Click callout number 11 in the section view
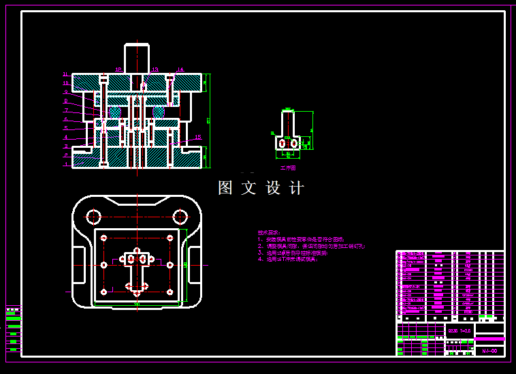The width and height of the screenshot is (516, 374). tap(65, 74)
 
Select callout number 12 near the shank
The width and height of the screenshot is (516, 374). tap(118, 69)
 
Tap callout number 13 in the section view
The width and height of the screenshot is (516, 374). tap(155, 69)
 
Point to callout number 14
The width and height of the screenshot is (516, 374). tap(180, 69)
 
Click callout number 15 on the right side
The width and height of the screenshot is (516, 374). tap(198, 137)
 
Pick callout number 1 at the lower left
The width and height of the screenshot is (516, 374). tap(66, 163)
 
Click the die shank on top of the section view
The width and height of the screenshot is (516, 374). tap(136, 58)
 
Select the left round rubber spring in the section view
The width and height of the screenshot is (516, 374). tap(115, 112)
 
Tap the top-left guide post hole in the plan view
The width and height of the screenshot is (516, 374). tap(93, 217)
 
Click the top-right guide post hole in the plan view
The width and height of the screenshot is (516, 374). tap(180, 217)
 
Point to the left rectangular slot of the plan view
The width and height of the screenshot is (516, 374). tap(78, 265)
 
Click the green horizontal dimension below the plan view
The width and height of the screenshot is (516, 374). tap(137, 305)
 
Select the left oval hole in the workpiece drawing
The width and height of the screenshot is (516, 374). tap(282, 143)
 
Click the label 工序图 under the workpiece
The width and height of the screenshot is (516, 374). tap(288, 167)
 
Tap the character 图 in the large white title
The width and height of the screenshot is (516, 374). tap(225, 188)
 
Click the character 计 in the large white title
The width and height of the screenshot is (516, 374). tap(297, 188)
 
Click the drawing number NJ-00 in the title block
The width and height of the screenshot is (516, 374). tap(489, 351)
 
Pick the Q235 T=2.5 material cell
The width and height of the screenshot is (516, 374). tap(459, 330)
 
